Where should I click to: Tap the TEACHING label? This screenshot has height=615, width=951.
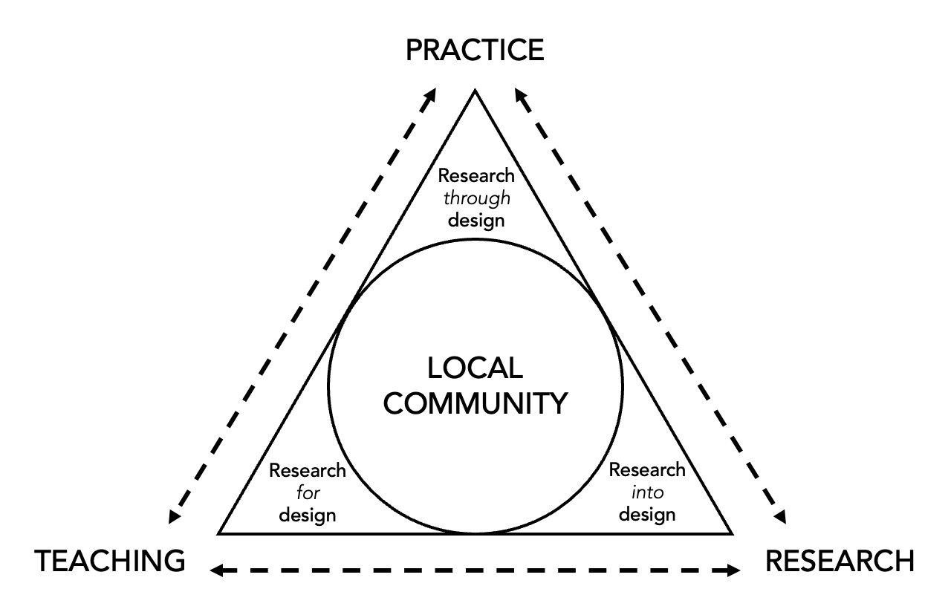click(111, 561)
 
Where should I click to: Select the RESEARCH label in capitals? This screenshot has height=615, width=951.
click(840, 561)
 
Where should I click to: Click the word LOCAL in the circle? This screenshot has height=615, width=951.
click(475, 368)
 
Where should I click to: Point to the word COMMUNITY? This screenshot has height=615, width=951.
click(476, 403)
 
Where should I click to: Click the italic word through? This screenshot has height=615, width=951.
click(476, 198)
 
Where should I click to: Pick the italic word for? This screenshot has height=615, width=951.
click(308, 492)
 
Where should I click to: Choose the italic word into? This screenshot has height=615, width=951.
click(647, 492)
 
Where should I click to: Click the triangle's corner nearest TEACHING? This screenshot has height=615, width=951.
click(219, 533)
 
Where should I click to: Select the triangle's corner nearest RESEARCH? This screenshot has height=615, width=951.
click(732, 533)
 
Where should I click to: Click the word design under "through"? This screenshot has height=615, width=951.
click(476, 221)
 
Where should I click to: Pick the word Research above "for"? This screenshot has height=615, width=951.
click(308, 470)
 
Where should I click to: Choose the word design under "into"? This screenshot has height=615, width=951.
click(647, 514)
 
